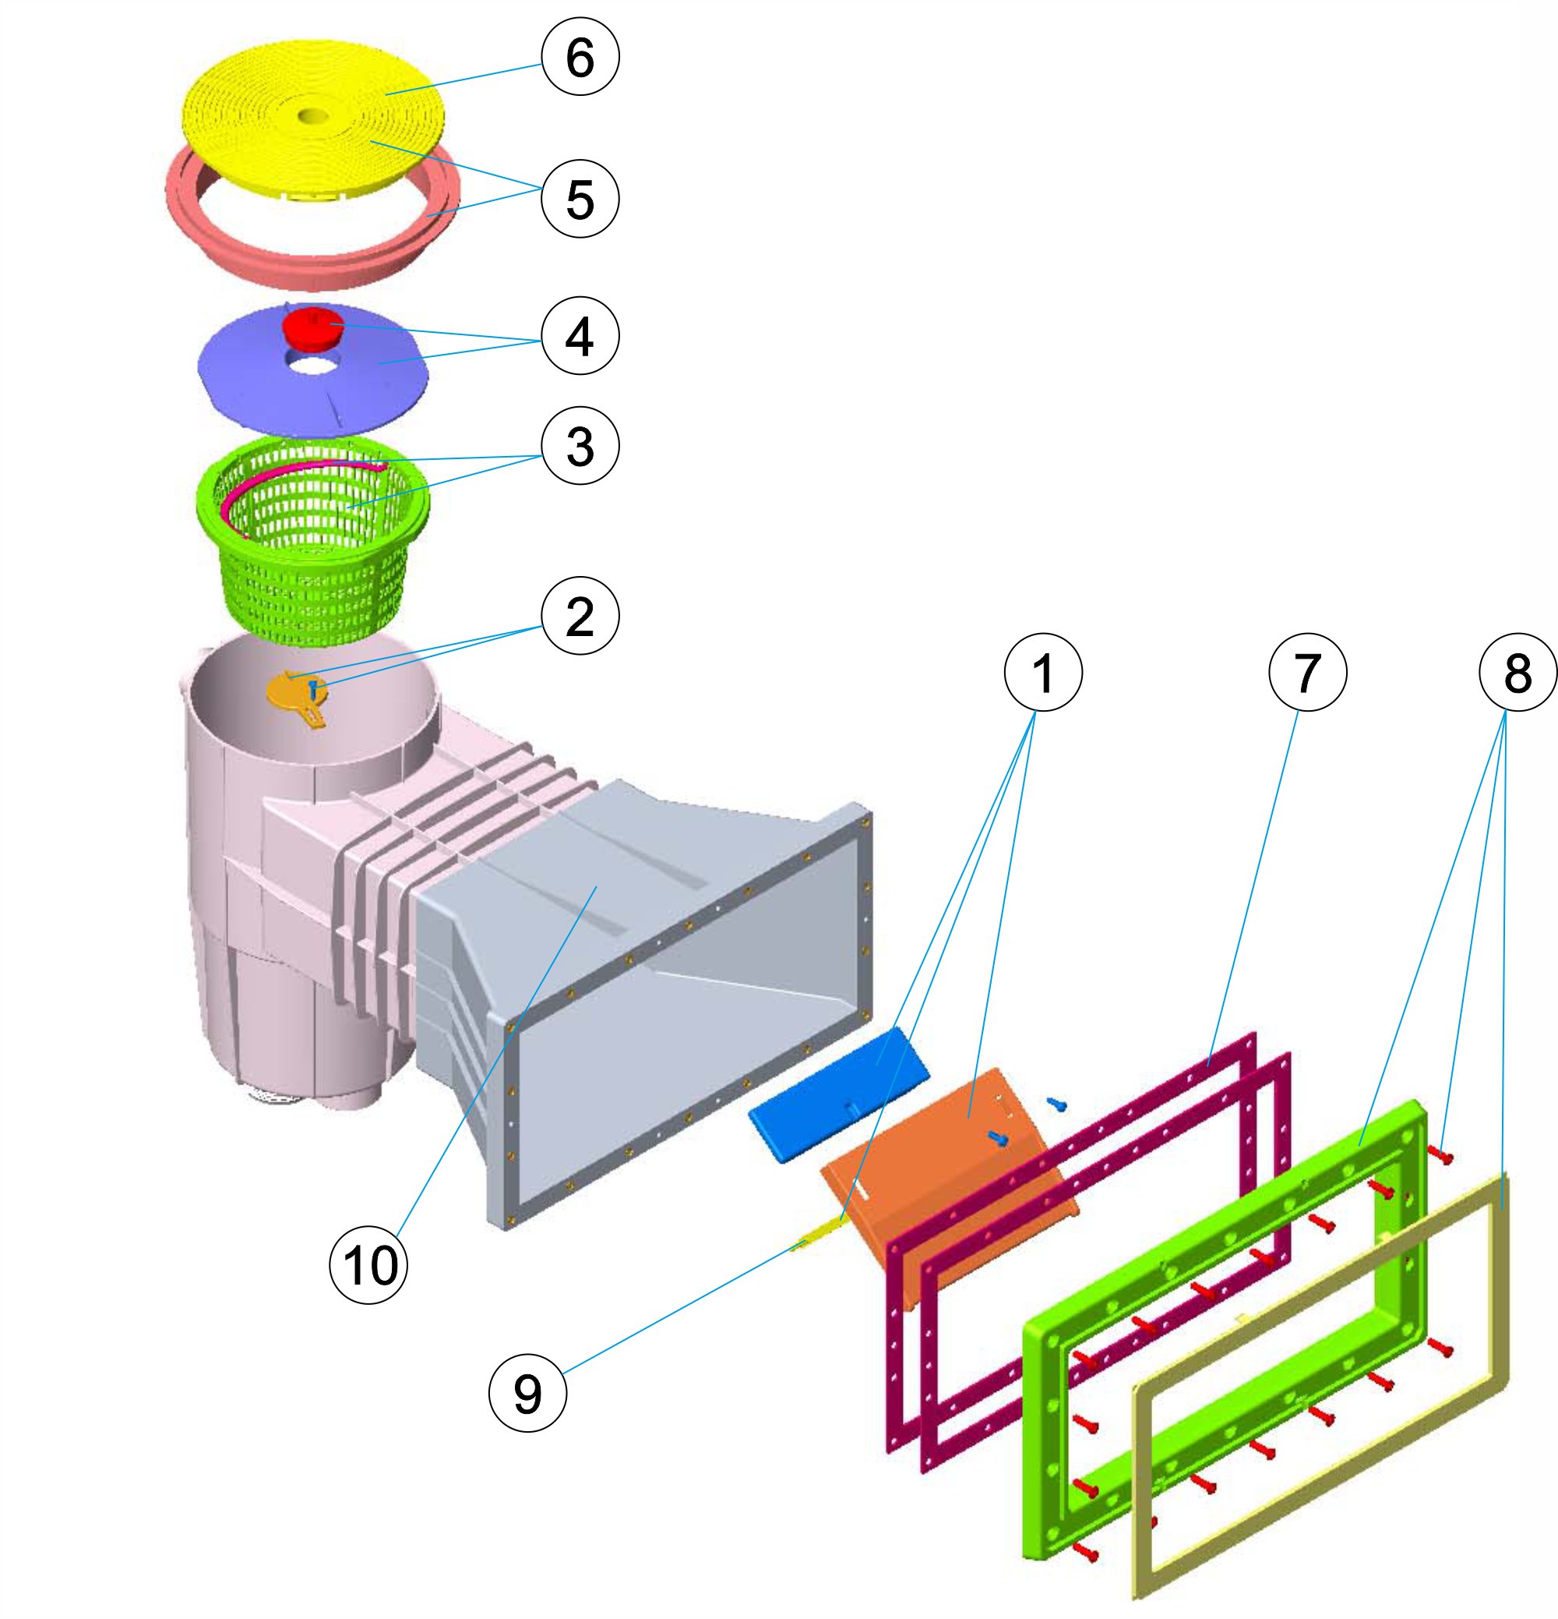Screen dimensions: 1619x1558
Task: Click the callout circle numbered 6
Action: click(x=580, y=57)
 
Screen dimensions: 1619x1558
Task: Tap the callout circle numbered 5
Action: click(x=580, y=198)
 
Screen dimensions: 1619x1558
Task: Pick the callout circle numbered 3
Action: click(x=580, y=446)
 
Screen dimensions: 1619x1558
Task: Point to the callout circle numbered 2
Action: click(x=580, y=615)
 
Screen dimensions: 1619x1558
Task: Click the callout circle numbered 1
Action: click(x=1043, y=673)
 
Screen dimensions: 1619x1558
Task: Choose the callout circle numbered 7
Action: click(x=1307, y=673)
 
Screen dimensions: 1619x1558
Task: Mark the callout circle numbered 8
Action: click(x=1517, y=673)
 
